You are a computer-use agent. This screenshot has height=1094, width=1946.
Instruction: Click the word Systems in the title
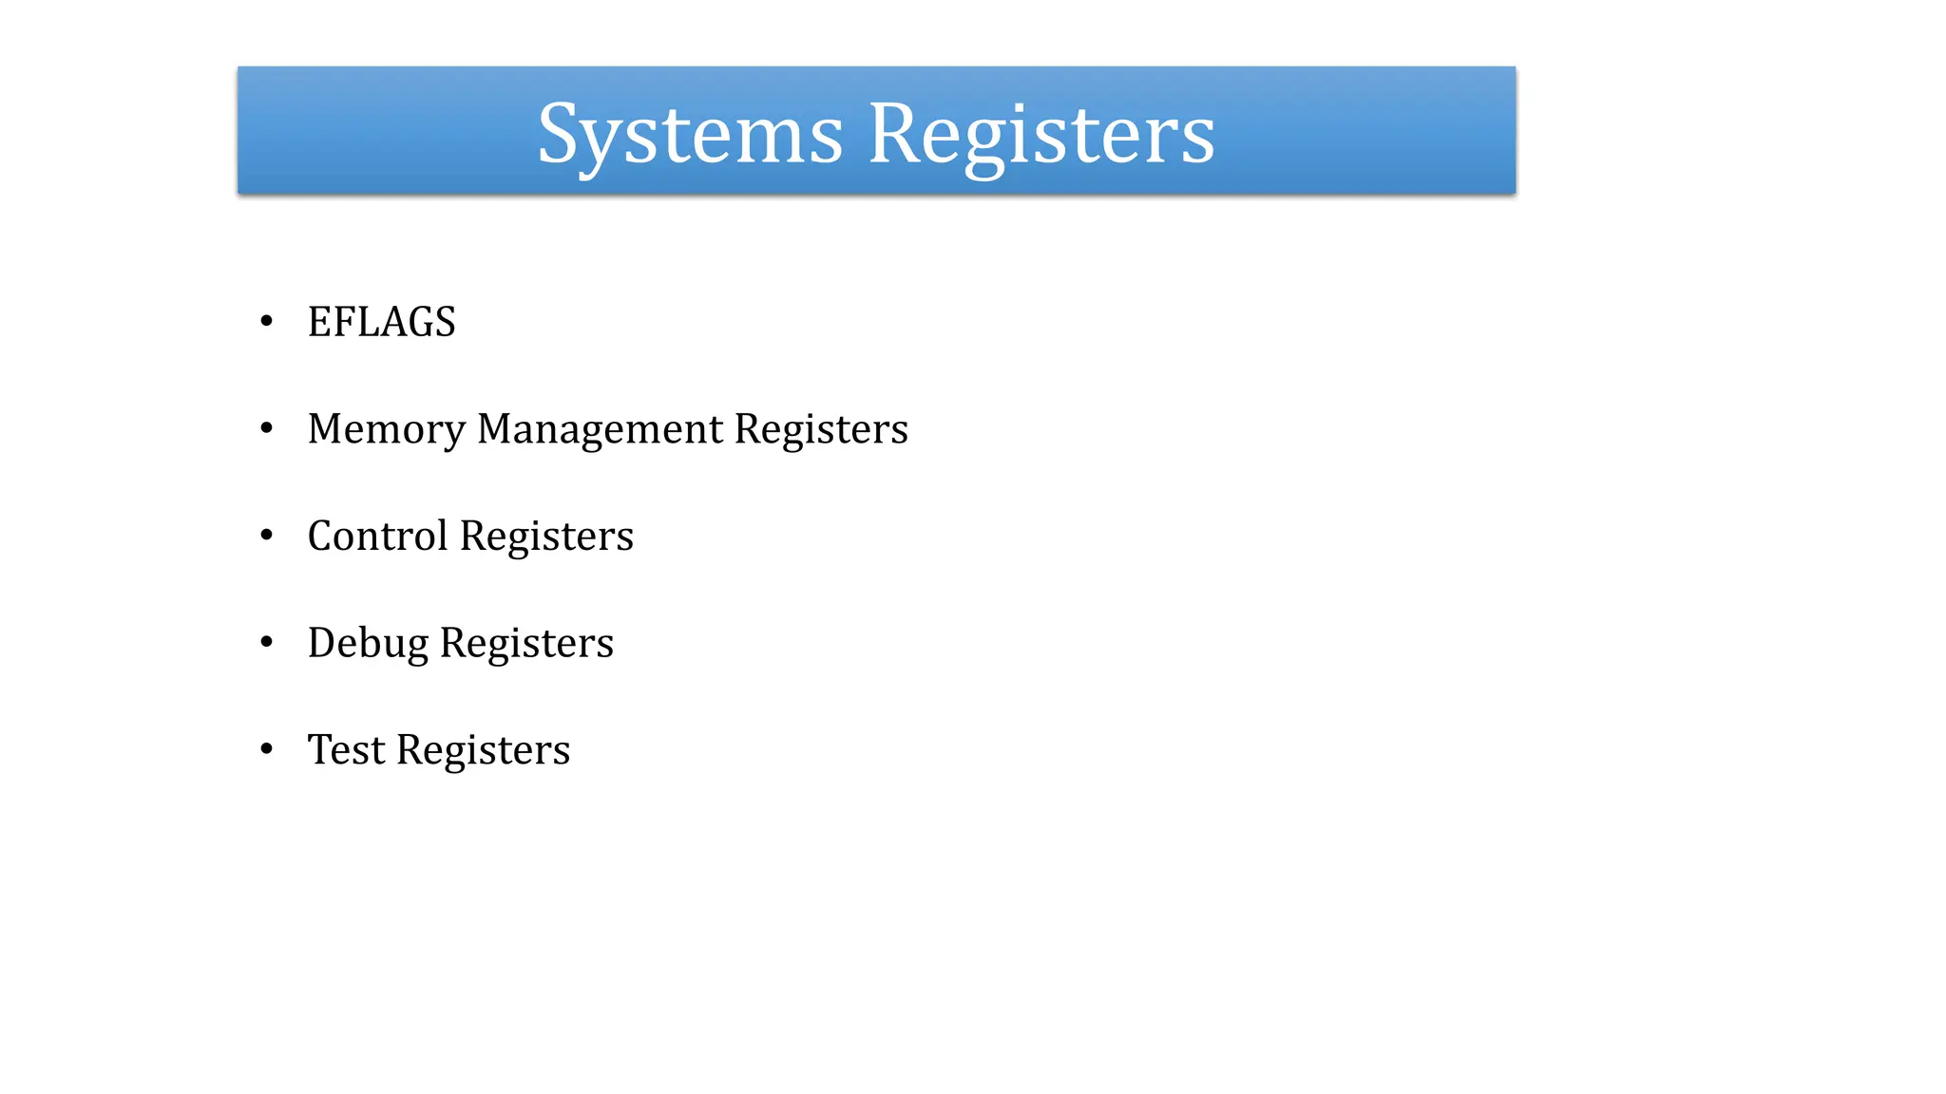(690, 135)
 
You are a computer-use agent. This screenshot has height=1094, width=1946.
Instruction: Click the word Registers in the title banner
(1041, 135)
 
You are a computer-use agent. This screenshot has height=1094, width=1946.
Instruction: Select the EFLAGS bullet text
(381, 322)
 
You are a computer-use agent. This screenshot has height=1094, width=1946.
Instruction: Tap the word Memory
(386, 429)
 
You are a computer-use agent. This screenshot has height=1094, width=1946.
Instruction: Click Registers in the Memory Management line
(821, 429)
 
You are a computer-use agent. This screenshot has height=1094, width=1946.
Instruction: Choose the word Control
(377, 536)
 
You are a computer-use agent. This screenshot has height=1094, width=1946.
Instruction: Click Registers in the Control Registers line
(546, 537)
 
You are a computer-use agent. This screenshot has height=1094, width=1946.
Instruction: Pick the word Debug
(368, 644)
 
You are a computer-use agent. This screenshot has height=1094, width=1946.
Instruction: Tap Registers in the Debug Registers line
(526, 643)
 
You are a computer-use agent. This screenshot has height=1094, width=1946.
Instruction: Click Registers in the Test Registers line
(483, 750)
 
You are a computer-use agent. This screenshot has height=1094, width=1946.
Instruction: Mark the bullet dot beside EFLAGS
(267, 321)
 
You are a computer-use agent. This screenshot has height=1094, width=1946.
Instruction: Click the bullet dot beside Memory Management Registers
(267, 428)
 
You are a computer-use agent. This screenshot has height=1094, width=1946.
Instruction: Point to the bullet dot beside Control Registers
(267, 536)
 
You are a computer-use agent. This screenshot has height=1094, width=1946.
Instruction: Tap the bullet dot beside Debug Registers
(267, 642)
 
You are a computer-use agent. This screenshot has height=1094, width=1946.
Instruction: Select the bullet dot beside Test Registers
(267, 749)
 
